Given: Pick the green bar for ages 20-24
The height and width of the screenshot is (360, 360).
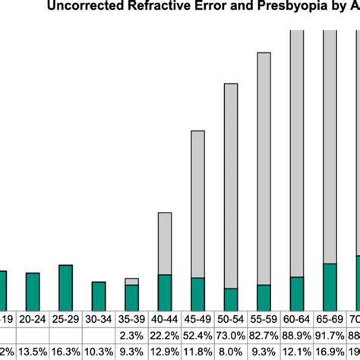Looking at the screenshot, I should [x=33, y=292].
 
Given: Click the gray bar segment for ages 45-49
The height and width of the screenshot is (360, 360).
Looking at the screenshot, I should [x=197, y=204].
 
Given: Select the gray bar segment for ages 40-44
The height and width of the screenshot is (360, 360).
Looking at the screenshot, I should [x=165, y=244].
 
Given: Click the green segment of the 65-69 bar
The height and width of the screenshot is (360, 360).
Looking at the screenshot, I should [x=330, y=287].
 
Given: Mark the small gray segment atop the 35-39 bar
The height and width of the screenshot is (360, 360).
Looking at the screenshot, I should [x=132, y=281].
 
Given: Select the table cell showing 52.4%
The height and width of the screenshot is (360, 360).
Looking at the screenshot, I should [x=197, y=335].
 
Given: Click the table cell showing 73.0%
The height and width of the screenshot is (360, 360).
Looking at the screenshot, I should [x=231, y=335].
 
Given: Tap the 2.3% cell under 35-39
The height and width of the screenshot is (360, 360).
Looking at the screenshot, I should [x=132, y=335].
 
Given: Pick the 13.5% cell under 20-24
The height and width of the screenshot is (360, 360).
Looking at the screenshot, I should [x=33, y=352].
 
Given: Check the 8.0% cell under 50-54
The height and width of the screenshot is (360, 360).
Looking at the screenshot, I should [x=231, y=352].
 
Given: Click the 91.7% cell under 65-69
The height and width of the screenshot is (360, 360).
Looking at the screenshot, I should [x=330, y=335].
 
